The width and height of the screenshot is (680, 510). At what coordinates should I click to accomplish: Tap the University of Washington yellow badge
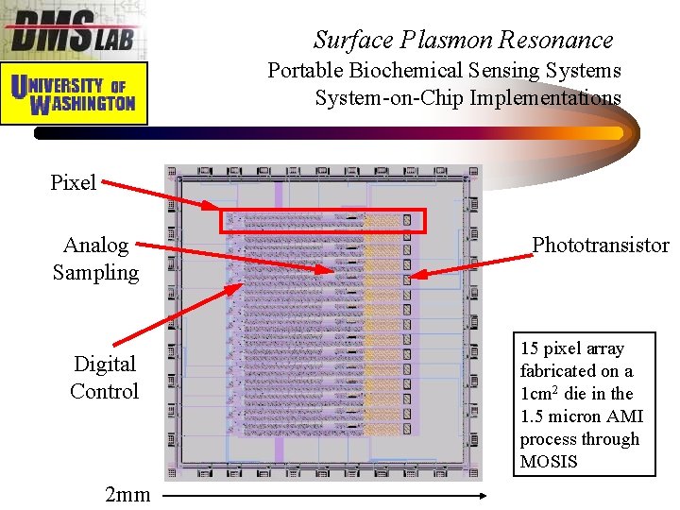click(75, 93)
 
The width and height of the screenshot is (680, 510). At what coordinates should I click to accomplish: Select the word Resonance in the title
click(557, 40)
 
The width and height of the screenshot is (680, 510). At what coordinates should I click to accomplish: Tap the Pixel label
click(74, 182)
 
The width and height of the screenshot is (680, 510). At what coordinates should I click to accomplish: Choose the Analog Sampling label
click(95, 259)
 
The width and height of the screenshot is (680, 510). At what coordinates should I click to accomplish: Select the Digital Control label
click(104, 377)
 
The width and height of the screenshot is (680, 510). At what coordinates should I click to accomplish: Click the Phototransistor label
click(601, 246)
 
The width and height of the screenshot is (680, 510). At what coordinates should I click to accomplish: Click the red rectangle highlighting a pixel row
click(324, 221)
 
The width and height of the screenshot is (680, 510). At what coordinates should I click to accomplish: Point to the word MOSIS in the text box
click(548, 462)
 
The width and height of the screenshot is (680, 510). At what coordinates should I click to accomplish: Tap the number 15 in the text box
click(529, 348)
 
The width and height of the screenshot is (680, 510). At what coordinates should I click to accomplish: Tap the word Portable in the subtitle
click(305, 70)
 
